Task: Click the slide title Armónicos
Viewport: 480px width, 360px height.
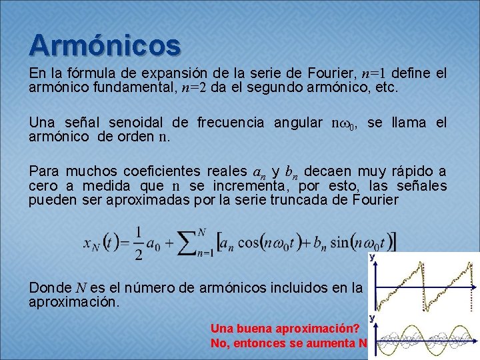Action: pos(105,45)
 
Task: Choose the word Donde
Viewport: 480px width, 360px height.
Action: pos(49,288)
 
